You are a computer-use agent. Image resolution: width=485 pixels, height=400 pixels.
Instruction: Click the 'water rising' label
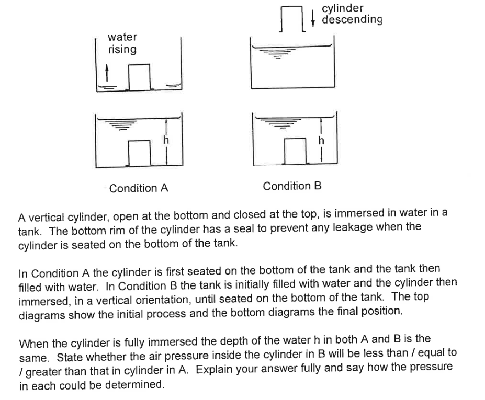122,43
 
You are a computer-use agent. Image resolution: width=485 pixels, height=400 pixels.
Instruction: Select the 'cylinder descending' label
352,14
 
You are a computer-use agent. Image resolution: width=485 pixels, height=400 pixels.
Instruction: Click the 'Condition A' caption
139,188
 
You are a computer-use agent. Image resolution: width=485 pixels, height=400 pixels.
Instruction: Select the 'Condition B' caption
292,186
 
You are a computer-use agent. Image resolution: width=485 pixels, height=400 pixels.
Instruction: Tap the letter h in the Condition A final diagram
166,140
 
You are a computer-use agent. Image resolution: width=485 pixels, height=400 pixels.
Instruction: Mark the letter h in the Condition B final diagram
321,140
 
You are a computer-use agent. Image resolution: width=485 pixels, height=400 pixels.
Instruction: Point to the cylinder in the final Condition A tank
139,152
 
